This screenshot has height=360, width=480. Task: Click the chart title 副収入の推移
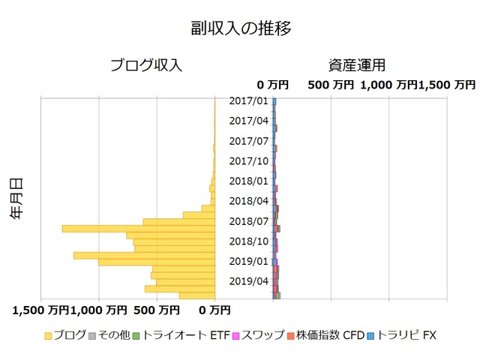[240, 28]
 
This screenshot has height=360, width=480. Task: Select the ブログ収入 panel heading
[146, 65]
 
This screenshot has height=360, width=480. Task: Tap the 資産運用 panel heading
[357, 65]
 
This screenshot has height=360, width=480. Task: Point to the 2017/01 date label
[248, 100]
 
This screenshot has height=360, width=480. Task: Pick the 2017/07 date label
[248, 141]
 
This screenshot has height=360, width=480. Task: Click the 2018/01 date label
[248, 181]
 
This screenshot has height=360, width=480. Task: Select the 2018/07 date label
[248, 221]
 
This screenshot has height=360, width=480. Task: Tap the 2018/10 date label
[248, 241]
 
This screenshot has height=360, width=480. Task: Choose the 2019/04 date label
[248, 281]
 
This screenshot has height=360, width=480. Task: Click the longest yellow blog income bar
[138, 229]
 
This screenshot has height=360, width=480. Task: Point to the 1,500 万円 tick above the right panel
[448, 85]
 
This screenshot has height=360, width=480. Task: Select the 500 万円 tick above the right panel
[331, 85]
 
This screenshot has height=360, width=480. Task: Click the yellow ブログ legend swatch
[48, 336]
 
